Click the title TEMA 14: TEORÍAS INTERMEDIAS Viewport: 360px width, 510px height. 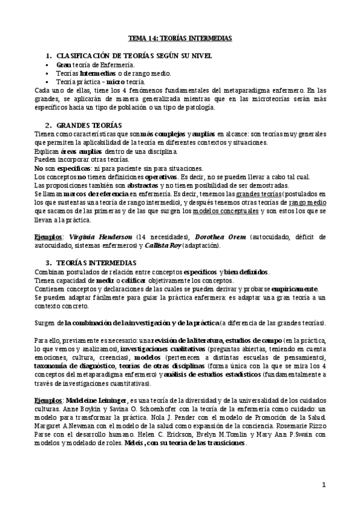(x=181, y=38)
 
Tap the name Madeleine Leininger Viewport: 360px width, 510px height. (x=87, y=383)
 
